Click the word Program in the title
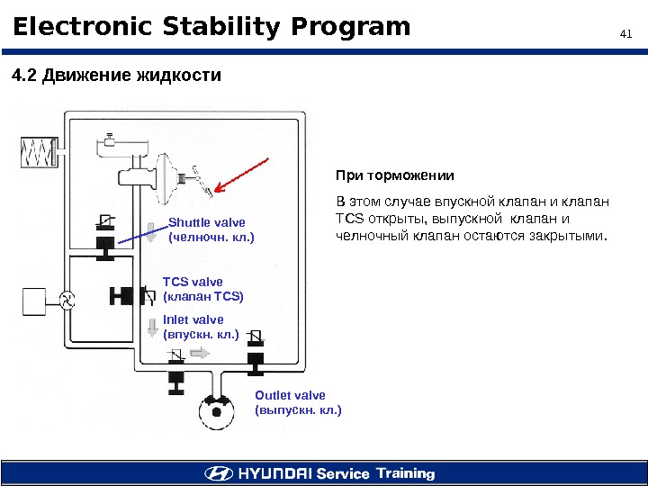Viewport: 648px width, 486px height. point(354,28)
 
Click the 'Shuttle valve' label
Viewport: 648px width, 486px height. point(207,221)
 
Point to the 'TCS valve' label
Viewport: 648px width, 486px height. point(193,282)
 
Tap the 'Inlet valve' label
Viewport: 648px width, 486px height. point(193,319)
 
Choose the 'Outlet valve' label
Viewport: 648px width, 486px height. point(290,395)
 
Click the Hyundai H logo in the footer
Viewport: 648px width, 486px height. point(218,472)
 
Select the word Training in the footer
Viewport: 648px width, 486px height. point(405,472)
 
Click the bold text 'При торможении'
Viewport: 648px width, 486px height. point(395,175)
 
